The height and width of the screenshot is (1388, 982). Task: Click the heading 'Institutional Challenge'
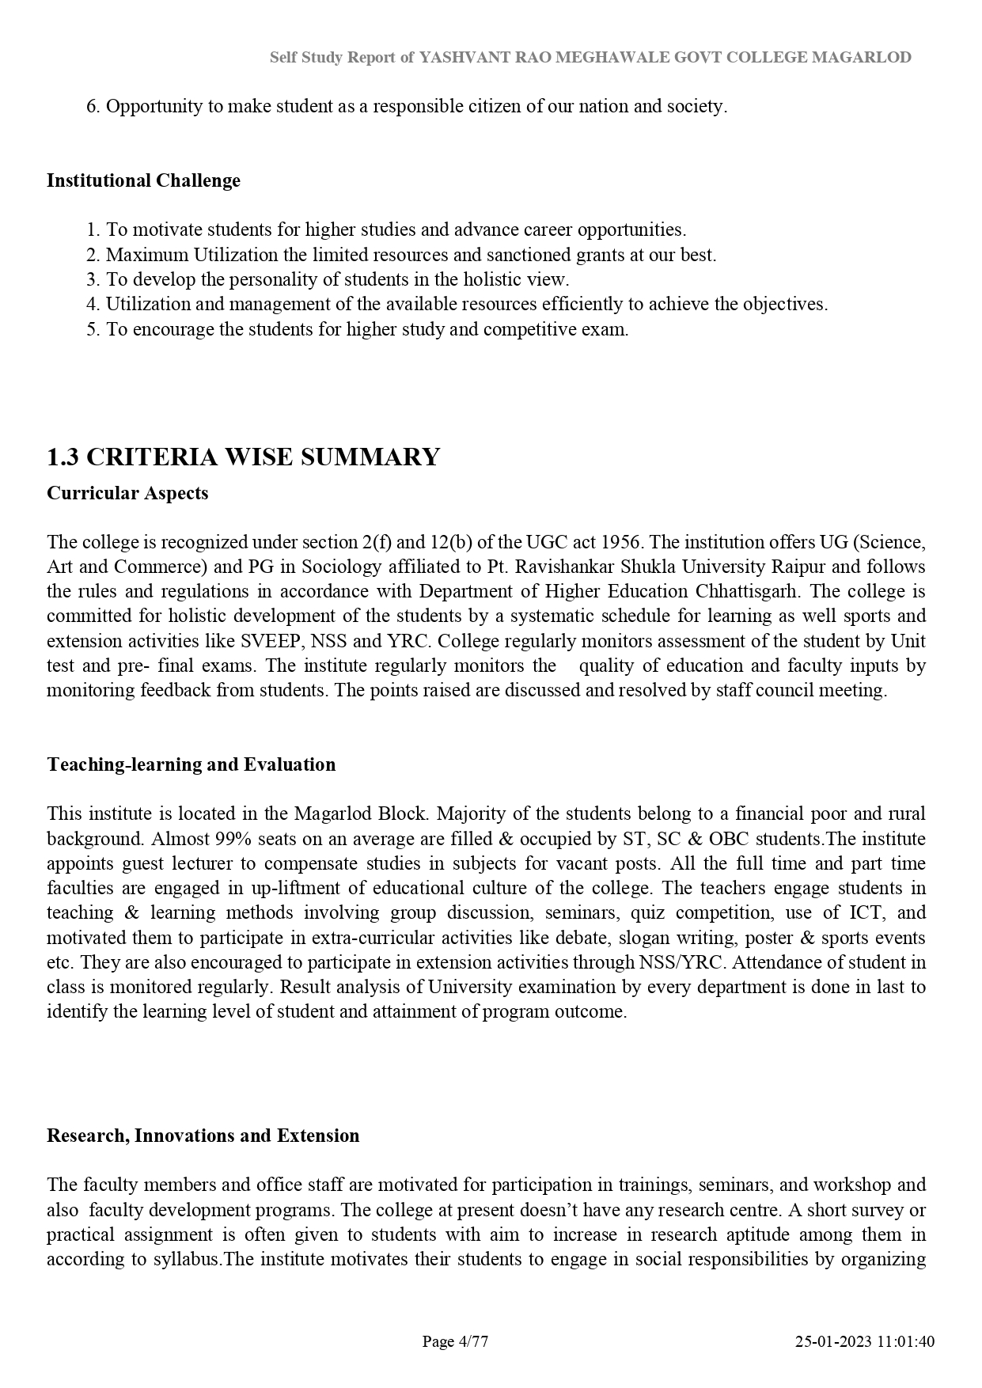(x=143, y=180)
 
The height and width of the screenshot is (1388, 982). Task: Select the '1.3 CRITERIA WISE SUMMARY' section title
(x=243, y=457)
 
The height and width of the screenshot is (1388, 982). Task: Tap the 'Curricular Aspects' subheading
(x=127, y=493)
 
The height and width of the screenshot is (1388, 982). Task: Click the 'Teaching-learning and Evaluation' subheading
(x=191, y=764)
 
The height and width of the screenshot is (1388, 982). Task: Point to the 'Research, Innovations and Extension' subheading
(x=203, y=1136)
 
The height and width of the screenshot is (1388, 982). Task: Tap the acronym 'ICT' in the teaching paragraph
(x=866, y=912)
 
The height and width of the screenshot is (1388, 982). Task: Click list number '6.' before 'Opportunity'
(x=93, y=106)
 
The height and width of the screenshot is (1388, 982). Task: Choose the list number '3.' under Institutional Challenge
(x=93, y=279)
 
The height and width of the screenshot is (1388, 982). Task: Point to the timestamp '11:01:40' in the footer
(x=906, y=1341)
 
